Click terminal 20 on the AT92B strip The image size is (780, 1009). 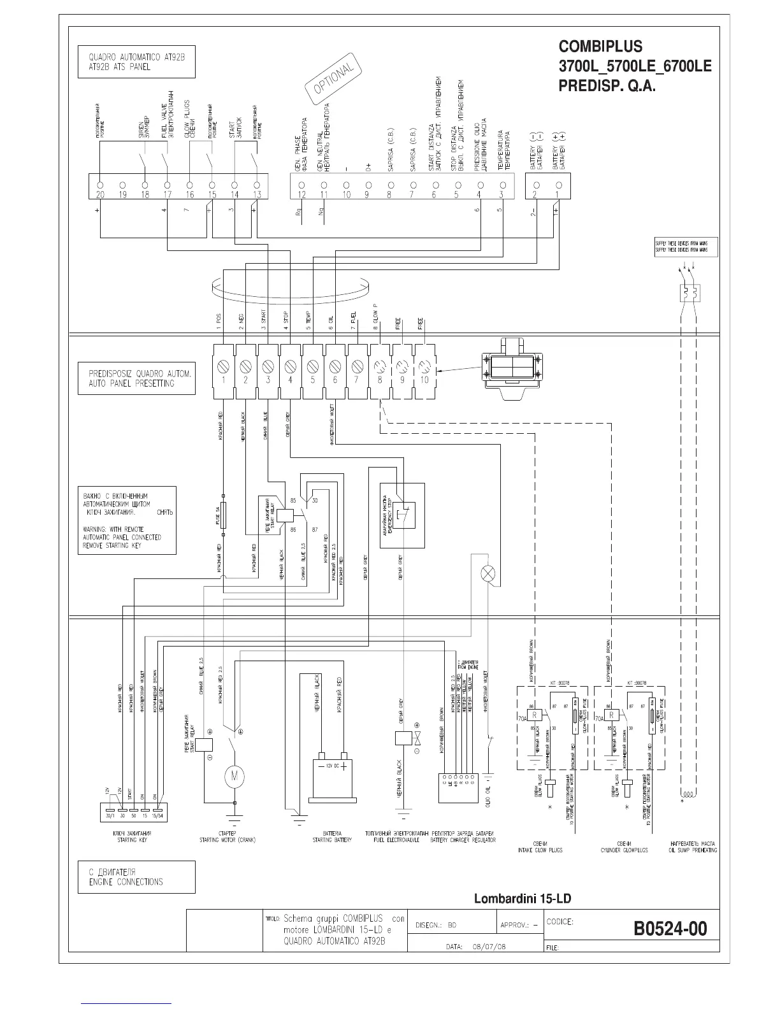click(x=100, y=185)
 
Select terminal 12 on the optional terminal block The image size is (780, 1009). click(x=302, y=185)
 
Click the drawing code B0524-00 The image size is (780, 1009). click(x=670, y=928)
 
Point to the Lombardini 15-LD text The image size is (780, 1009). click(x=523, y=899)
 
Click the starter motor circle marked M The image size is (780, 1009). click(x=234, y=776)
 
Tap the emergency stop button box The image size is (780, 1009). click(x=402, y=515)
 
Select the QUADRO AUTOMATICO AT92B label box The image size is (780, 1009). click(x=136, y=62)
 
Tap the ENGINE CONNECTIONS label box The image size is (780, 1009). click(x=136, y=877)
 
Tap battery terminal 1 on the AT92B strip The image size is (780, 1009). click(x=558, y=185)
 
